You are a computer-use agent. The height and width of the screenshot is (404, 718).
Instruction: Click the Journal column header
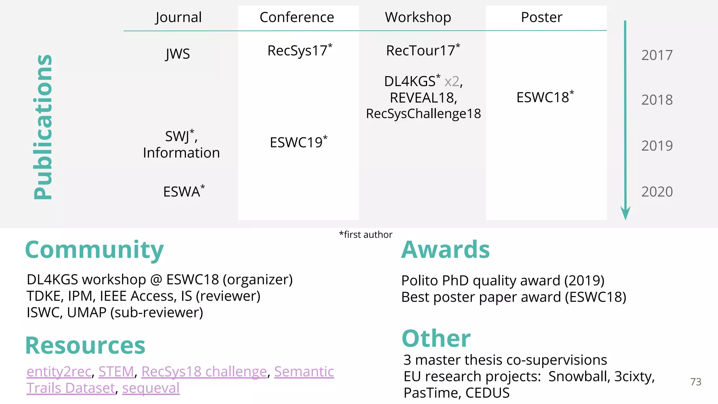coord(178,18)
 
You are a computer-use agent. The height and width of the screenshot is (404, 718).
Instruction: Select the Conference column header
coord(297,18)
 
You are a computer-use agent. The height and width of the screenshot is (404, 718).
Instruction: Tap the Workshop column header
coord(418,18)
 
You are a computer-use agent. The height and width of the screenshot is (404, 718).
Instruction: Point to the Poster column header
coord(542,18)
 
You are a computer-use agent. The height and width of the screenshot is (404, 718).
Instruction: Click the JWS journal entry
coord(178,54)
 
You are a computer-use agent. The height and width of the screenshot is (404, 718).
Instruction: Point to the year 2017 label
coord(657,55)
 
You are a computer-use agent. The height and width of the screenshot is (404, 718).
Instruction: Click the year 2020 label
coord(657,192)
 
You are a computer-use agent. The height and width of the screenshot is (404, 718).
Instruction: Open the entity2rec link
coord(59,372)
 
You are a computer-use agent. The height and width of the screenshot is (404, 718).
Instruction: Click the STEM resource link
coord(116,372)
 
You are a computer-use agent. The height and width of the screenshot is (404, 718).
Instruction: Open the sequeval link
coord(151,388)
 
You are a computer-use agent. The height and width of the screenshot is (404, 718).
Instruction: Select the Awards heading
coord(445,250)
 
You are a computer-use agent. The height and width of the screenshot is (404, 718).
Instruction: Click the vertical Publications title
coord(43,127)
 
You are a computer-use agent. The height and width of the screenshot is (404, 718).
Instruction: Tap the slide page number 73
coord(696,382)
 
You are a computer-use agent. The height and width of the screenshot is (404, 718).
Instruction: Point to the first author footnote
coord(365,235)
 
